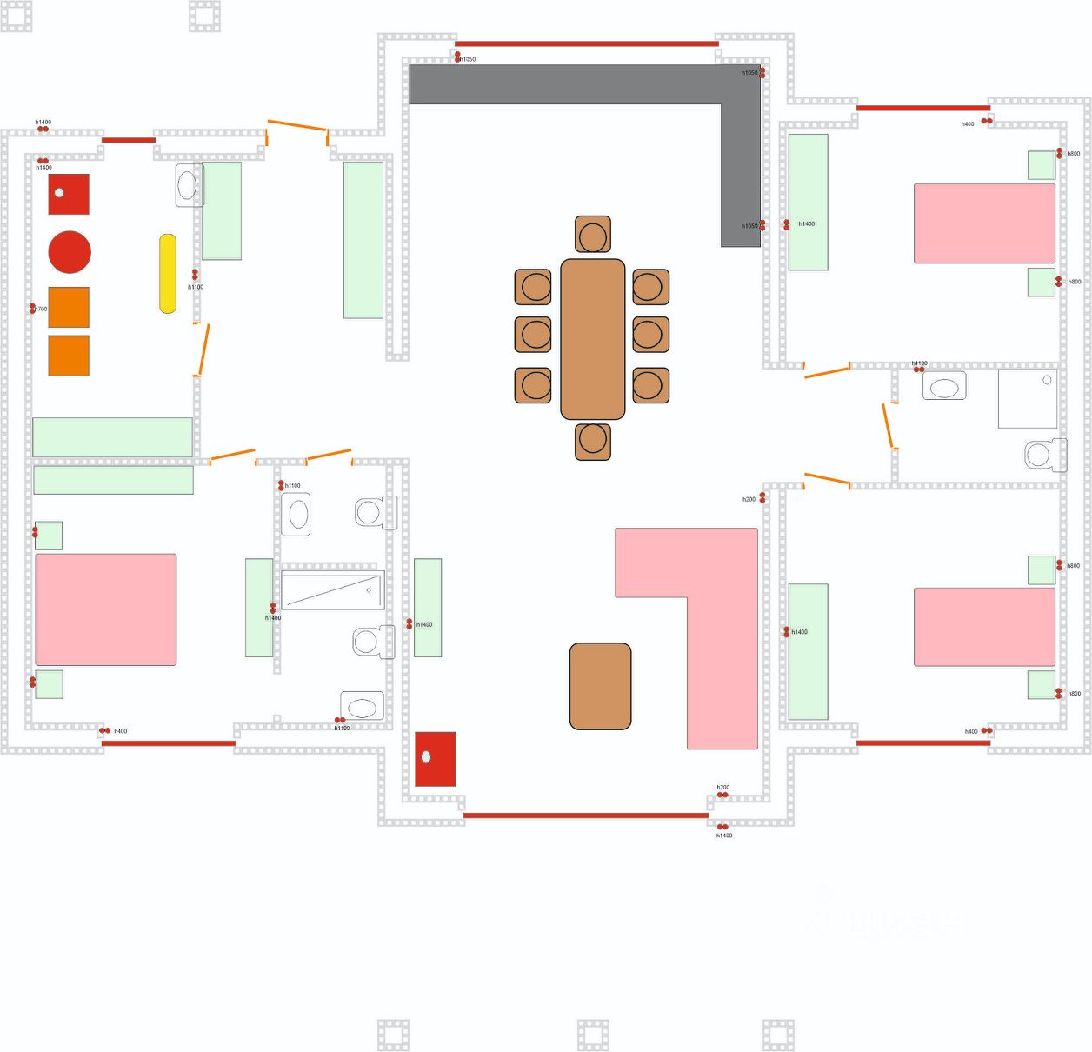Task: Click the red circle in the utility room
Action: click(70, 252)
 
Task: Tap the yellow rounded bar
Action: click(168, 274)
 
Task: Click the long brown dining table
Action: click(593, 339)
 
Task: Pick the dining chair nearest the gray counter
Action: click(593, 235)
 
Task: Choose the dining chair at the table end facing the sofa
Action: click(593, 440)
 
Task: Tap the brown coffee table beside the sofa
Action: click(600, 686)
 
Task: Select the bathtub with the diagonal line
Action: click(332, 591)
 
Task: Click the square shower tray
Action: click(1028, 399)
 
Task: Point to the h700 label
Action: click(40, 310)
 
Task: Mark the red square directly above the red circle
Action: click(69, 194)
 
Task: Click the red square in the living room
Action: click(435, 759)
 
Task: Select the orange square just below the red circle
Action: click(69, 308)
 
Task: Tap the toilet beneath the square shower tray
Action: click(1044, 455)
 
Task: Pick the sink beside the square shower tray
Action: click(944, 387)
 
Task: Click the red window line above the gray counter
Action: click(586, 43)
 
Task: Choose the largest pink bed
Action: click(105, 609)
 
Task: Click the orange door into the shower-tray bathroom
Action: click(888, 425)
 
